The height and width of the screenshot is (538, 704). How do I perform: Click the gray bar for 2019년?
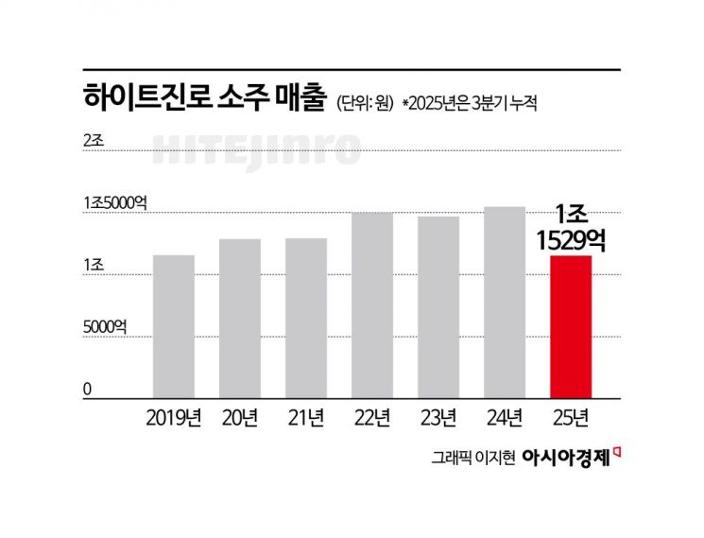tap(173, 326)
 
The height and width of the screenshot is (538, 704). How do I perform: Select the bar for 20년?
tap(239, 318)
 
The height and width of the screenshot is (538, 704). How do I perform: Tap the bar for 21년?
tap(305, 318)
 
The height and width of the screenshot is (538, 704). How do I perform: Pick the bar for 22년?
tap(371, 304)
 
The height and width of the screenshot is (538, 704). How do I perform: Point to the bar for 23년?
tap(438, 307)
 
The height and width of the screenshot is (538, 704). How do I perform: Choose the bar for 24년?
tap(504, 302)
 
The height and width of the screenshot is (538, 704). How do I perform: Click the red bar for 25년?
tap(570, 326)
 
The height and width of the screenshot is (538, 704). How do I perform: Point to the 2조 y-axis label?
tap(94, 140)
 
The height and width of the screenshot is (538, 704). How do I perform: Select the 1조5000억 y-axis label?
tap(116, 203)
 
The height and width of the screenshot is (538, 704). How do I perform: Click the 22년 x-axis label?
tap(372, 416)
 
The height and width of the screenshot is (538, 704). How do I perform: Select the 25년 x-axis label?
tap(571, 416)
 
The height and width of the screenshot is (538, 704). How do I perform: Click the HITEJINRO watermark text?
tap(256, 149)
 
